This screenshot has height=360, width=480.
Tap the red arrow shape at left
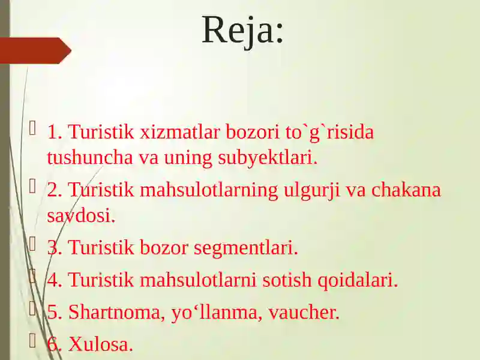(x=35, y=50)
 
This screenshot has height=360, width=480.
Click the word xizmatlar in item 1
(x=180, y=132)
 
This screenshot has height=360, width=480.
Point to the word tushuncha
(x=90, y=157)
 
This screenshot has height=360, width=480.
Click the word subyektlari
(x=268, y=158)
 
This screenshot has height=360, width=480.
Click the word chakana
(x=406, y=190)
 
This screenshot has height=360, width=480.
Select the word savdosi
(x=81, y=215)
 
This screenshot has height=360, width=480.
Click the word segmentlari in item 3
(x=246, y=248)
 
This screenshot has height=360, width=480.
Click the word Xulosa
(x=101, y=344)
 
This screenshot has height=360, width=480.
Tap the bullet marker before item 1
(x=32, y=128)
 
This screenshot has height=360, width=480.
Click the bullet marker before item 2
(x=32, y=186)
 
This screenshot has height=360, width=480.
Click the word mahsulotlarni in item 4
(x=198, y=280)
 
